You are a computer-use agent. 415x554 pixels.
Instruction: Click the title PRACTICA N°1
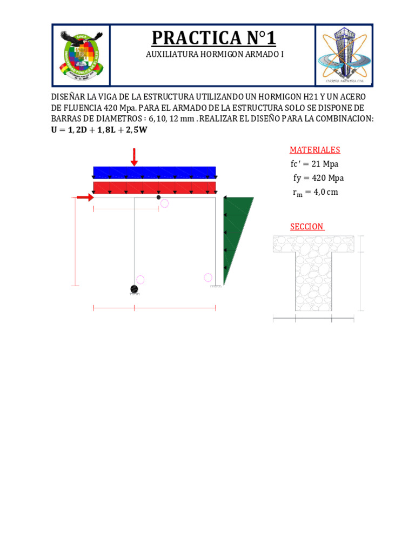pos(213,38)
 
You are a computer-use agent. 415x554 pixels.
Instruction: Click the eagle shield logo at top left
pos(81,55)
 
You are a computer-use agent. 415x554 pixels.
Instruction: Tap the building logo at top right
pos(344,55)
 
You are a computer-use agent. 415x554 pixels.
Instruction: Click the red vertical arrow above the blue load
pos(134,157)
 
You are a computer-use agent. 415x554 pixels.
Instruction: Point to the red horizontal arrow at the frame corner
pos(85,197)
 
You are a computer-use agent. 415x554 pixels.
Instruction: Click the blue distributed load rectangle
pos(155,173)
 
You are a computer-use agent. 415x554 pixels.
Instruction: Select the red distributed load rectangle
pos(155,188)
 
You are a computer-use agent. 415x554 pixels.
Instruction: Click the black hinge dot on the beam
pos(158,197)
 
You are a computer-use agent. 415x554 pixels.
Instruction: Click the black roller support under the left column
pos(134,289)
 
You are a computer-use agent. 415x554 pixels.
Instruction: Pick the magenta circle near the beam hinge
pos(164,203)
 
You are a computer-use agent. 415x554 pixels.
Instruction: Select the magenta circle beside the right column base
pos(208,278)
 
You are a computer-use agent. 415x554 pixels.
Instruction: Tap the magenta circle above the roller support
pos(140,280)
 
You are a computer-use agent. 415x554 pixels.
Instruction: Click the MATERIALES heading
pos(315,150)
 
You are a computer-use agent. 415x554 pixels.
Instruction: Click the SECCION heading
pos(307,227)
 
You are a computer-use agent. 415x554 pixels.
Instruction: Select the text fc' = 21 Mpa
pos(315,164)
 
